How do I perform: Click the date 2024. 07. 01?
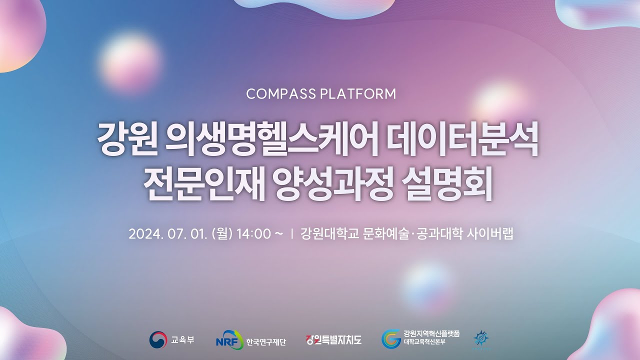click(167, 234)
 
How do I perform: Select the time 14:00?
click(253, 234)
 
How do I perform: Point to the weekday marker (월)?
click(222, 234)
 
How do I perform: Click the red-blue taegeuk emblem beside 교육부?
click(158, 340)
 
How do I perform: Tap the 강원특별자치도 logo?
click(333, 340)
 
